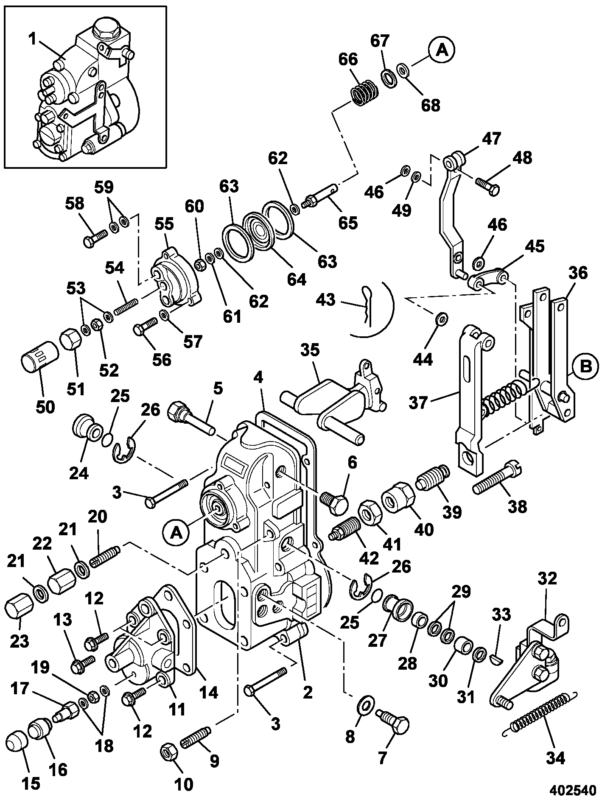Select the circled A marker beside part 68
click(442, 50)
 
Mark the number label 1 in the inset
click(32, 39)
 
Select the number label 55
click(164, 224)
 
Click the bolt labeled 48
click(488, 185)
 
